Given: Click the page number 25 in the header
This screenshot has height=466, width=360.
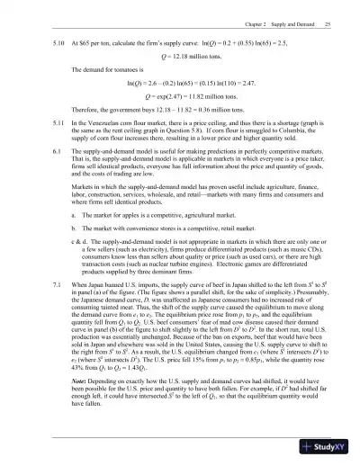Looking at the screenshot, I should coord(330,22).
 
